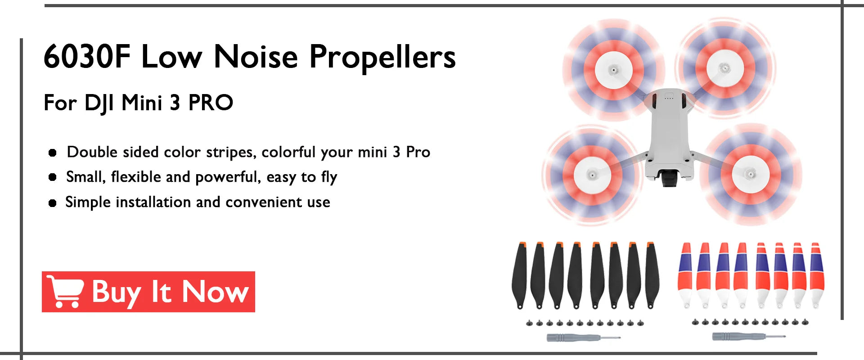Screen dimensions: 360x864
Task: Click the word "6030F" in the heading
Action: tap(87, 57)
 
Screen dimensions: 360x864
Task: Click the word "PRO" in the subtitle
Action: tap(210, 103)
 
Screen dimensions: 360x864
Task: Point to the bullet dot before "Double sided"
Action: tap(53, 153)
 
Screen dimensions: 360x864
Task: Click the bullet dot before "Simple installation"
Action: tap(53, 203)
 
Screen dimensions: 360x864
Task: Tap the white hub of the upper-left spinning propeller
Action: tap(613, 70)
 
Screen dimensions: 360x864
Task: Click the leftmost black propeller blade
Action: tap(520, 275)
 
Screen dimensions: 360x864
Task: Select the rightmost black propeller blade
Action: tap(652, 275)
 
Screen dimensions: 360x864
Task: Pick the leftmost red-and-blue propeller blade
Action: tap(685, 275)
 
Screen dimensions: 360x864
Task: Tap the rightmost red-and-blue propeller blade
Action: tap(816, 275)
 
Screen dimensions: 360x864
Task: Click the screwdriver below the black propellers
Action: tap(583, 337)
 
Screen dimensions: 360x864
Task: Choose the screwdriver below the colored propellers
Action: tap(748, 336)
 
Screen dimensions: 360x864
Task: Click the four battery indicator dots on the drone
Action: tap(669, 98)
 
